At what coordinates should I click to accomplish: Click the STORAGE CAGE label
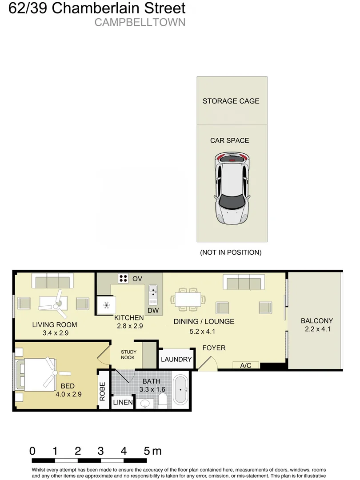pos(231,101)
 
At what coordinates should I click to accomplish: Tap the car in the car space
pos(232,188)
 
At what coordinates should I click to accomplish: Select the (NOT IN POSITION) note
pos(231,252)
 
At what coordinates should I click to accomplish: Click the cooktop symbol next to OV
pos(123,279)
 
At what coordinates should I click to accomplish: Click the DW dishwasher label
pos(153,310)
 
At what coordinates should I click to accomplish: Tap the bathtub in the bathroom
pos(180,390)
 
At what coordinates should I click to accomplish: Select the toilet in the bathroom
pos(163,400)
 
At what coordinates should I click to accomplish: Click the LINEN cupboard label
pos(123,402)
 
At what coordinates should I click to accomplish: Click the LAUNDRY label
pos(176,360)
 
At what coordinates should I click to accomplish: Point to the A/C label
pos(245,365)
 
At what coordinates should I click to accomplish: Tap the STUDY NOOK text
pos(128,355)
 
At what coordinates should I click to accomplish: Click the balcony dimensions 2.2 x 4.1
pos(317,329)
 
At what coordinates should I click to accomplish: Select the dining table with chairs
pos(188,299)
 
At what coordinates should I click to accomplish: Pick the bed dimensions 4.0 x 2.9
pos(68,394)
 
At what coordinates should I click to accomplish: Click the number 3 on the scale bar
pos(101,451)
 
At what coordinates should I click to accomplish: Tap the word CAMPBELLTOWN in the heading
pos(140,23)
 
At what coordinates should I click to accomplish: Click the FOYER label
pos(214,348)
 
